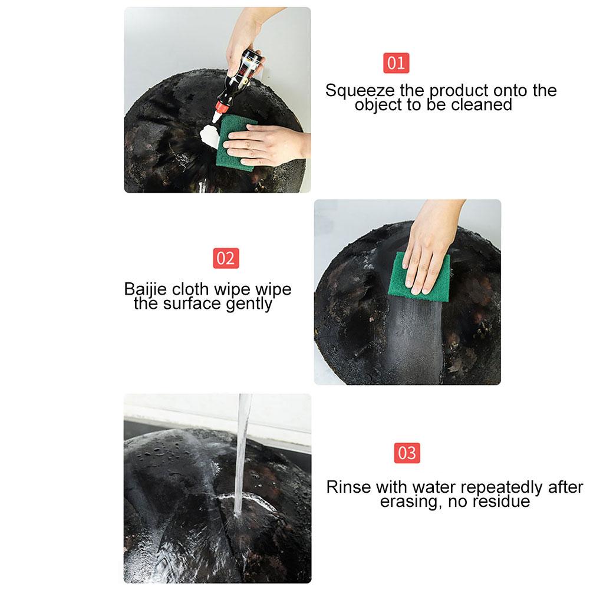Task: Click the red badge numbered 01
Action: [396, 63]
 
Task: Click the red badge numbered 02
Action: [226, 259]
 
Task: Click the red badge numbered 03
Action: [407, 453]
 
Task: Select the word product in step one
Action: [459, 91]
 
